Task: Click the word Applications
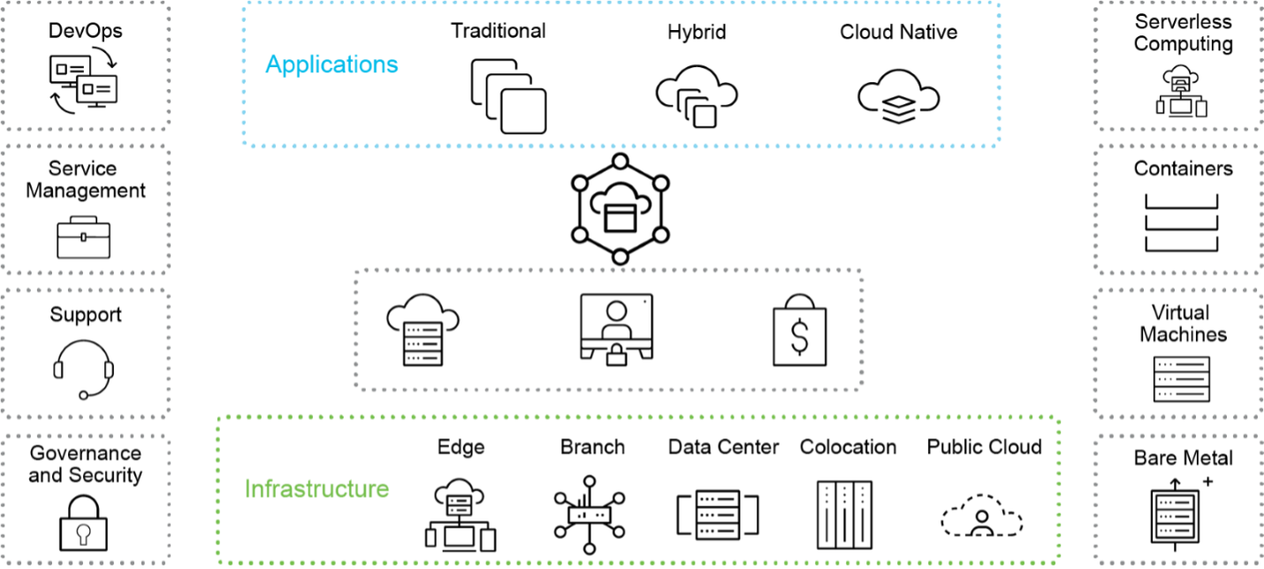tap(331, 64)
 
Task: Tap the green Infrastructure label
tap(316, 489)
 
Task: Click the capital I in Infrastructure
tap(247, 489)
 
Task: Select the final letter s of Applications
tap(392, 66)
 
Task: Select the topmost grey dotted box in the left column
tap(85, 65)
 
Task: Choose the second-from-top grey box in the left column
tap(85, 209)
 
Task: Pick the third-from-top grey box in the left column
tap(85, 353)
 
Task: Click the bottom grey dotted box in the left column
tap(85, 499)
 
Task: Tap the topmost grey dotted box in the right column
tap(1178, 65)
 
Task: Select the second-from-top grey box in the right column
tap(1178, 209)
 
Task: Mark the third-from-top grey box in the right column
tap(1178, 353)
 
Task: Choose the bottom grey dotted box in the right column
tap(1178, 499)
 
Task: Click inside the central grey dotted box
tap(609, 330)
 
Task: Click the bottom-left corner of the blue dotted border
tap(244, 143)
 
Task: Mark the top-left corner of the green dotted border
tap(219, 418)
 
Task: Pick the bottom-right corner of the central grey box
tap(862, 387)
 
